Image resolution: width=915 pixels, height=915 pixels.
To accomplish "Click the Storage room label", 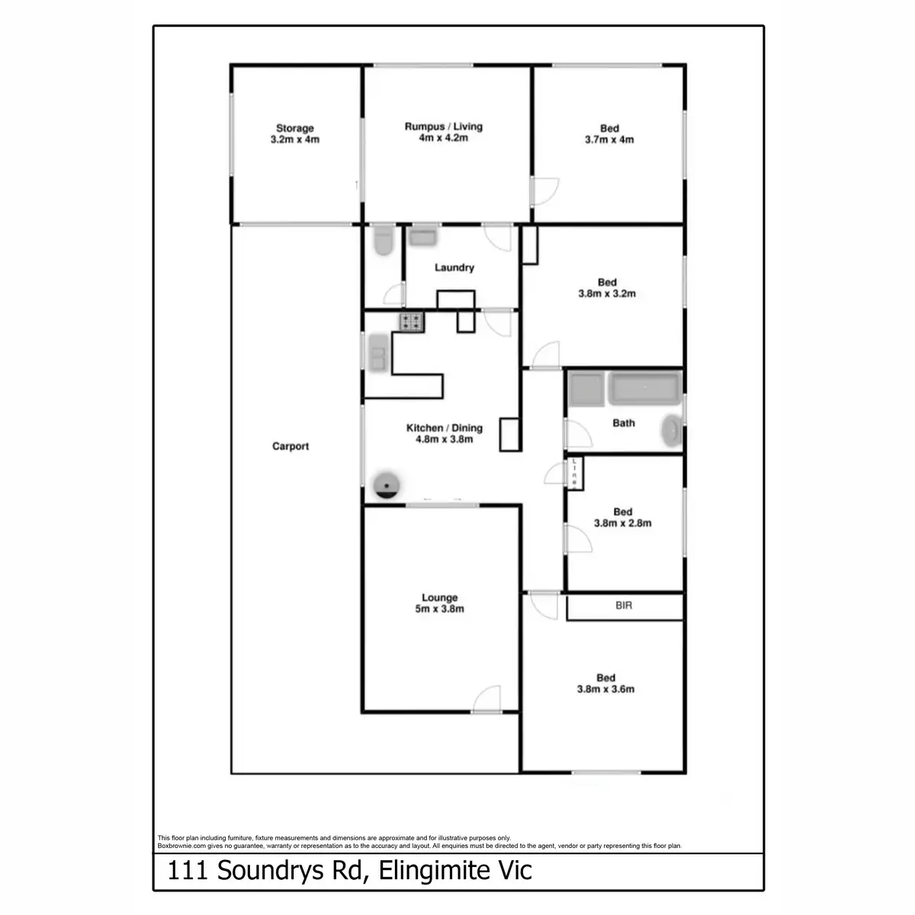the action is (294, 128).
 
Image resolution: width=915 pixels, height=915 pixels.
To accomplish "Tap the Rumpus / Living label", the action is (443, 127).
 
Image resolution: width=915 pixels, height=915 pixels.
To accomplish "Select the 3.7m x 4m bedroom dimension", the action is (609, 140).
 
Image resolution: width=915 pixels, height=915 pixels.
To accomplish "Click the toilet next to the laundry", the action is (383, 242).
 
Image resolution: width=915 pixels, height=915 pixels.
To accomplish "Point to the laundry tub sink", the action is (422, 236).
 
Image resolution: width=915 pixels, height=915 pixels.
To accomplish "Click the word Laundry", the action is (454, 268).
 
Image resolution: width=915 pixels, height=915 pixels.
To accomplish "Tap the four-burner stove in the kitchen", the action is (411, 322).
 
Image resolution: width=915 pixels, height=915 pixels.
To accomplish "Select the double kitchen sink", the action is (377, 353).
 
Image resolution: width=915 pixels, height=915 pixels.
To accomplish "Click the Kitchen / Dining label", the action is (444, 428).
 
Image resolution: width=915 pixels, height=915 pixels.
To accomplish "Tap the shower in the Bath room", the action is (586, 389).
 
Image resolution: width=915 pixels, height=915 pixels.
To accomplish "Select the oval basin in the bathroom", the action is (672, 432).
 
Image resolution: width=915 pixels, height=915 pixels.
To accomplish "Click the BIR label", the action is (624, 607).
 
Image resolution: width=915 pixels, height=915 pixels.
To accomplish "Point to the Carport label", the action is (291, 446).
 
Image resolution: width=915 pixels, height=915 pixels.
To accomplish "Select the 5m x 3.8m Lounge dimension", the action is (440, 608).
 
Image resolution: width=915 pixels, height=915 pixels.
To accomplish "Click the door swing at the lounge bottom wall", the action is (486, 700).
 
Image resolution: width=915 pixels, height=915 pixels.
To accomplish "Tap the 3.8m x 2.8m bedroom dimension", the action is (622, 523).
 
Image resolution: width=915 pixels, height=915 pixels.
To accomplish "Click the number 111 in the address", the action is (187, 871).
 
